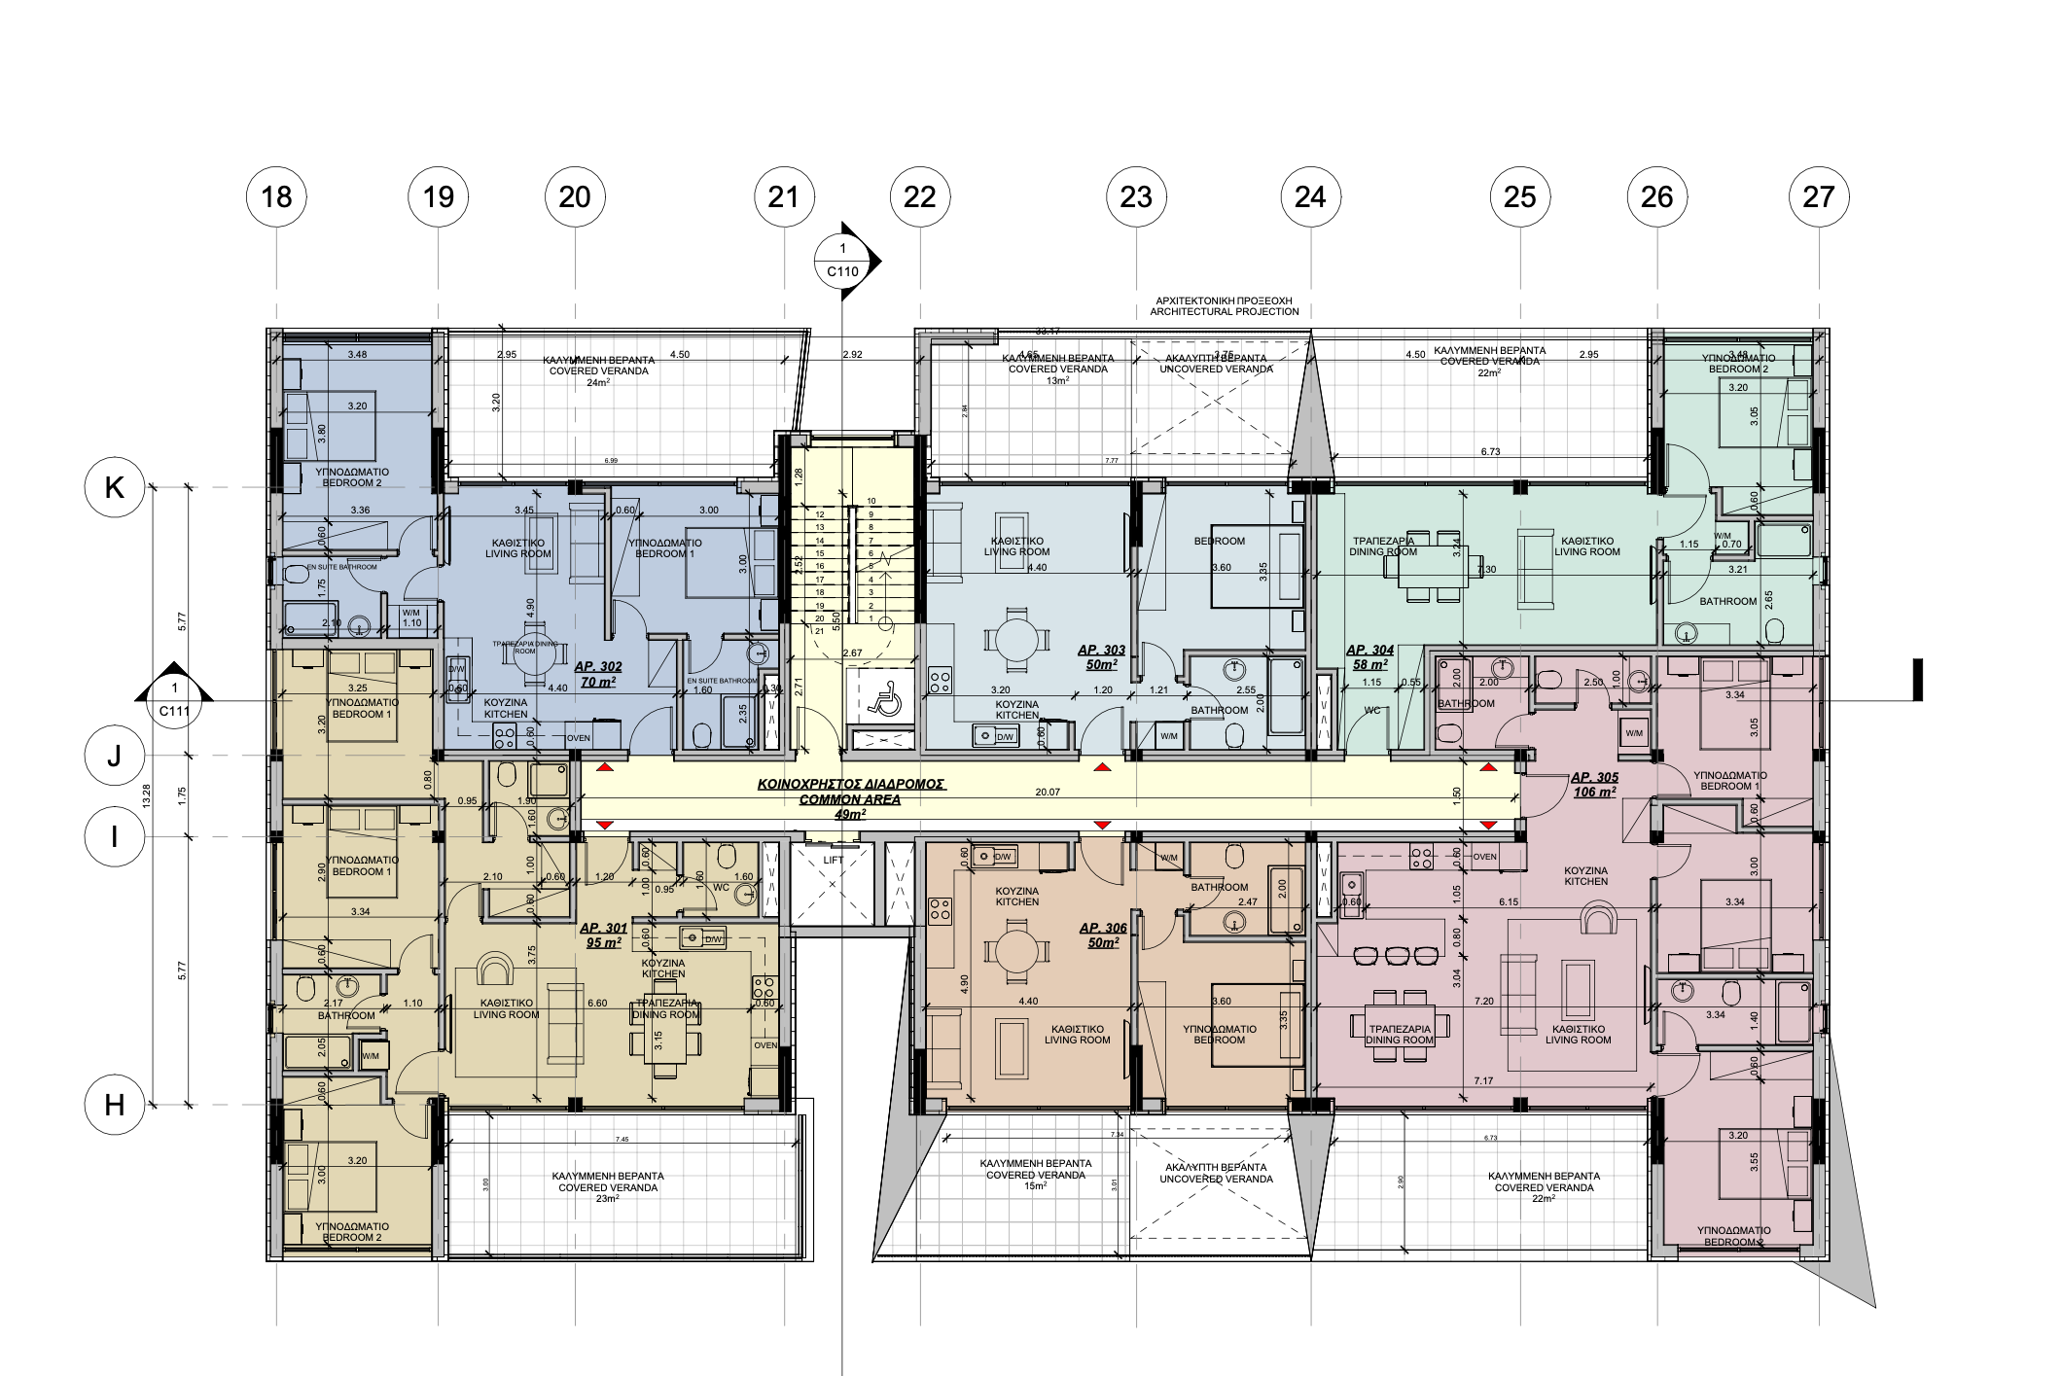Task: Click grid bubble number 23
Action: coord(1136,196)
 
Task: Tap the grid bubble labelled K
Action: coord(115,487)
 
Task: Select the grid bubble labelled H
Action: coord(115,1105)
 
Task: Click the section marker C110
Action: coord(843,261)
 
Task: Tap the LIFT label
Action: coord(834,860)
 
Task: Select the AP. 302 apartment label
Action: coord(598,674)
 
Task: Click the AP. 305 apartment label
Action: coord(1594,784)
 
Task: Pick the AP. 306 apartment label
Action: coord(1103,935)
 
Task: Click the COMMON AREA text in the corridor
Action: coord(850,799)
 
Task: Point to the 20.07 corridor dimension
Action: coord(1048,792)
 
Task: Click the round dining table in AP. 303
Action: coord(1016,640)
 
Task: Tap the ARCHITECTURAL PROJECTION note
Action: coord(1224,311)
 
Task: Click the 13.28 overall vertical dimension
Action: coord(147,795)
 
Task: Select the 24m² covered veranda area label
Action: coord(598,382)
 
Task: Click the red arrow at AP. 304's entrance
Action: coord(1488,768)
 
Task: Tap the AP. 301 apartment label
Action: coord(603,935)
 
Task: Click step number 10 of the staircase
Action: coord(871,501)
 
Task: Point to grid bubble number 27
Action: coord(1818,196)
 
